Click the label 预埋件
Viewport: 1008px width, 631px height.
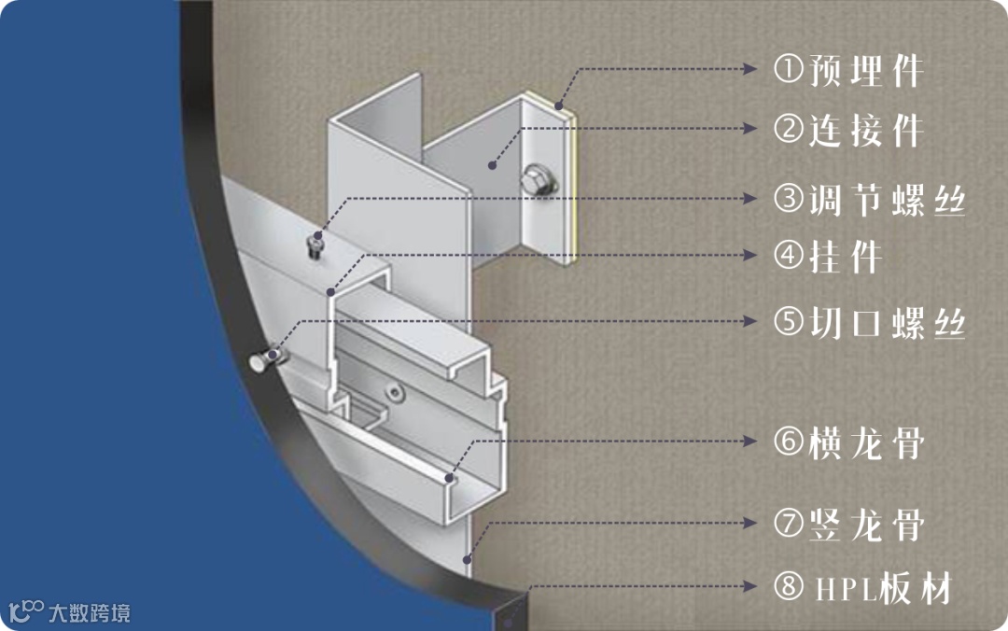pos(866,70)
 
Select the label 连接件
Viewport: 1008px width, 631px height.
pos(866,131)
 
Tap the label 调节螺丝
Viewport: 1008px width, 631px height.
pos(888,200)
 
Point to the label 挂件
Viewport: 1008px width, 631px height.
pos(845,258)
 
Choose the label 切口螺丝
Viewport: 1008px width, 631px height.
pos(888,322)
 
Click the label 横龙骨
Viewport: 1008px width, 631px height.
pos(866,443)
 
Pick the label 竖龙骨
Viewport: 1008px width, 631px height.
pos(866,525)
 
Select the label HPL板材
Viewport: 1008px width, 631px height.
pos(884,588)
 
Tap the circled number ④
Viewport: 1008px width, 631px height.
pos(788,256)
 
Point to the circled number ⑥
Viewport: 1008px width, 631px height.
pos(788,442)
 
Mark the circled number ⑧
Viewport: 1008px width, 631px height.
pos(788,586)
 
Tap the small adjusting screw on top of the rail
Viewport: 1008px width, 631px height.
pos(315,245)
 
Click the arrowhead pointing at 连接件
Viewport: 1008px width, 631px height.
pos(749,129)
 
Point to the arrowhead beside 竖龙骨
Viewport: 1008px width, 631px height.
pos(749,523)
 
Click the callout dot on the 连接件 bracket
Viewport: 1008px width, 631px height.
pos(492,165)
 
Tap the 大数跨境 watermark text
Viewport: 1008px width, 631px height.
pos(90,613)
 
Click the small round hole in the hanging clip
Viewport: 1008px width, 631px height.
pos(394,392)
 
